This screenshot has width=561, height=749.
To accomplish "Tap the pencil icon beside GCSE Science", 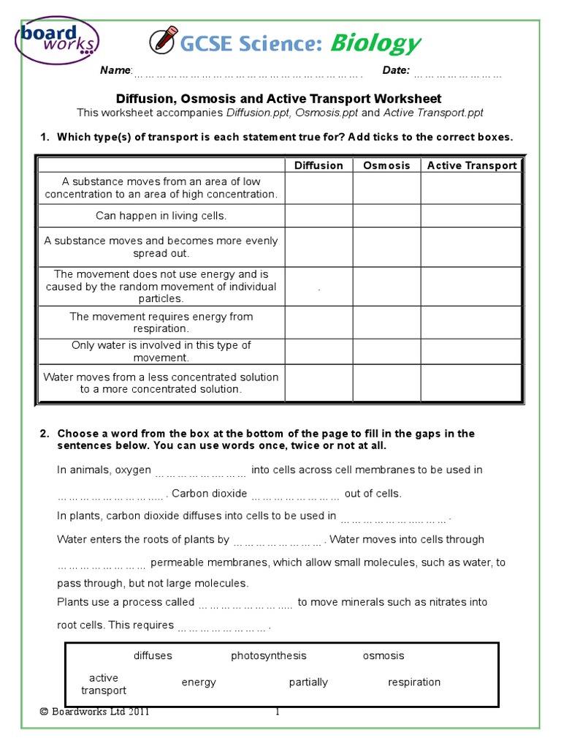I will tap(161, 43).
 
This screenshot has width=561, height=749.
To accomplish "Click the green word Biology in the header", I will tap(375, 44).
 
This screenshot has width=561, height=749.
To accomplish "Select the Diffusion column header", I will tap(318, 165).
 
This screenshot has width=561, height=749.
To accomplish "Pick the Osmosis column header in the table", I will tap(386, 165).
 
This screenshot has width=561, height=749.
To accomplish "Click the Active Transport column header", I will tap(471, 165).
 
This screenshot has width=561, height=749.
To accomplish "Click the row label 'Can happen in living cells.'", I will tap(161, 216).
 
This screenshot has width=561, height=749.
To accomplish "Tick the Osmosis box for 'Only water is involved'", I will tap(386, 352).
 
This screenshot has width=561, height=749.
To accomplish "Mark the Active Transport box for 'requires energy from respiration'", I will tap(471, 323).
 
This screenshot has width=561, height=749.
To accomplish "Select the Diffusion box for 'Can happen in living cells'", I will tap(318, 216).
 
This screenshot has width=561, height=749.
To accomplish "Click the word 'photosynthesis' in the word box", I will tap(269, 655).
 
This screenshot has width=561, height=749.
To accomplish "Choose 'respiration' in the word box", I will tap(414, 682).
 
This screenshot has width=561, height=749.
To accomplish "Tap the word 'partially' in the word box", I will tap(308, 682).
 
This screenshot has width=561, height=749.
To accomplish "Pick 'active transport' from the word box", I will tap(104, 684).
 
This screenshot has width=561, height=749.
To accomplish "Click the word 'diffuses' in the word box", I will tap(153, 655).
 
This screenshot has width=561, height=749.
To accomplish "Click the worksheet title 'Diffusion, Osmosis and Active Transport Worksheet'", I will tap(279, 99).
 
